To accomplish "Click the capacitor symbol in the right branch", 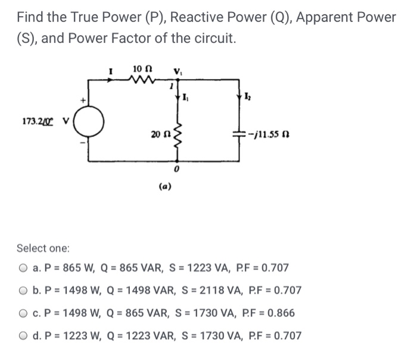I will (x=239, y=135).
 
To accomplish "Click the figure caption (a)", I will (x=166, y=186).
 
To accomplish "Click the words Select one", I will (x=43, y=247).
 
